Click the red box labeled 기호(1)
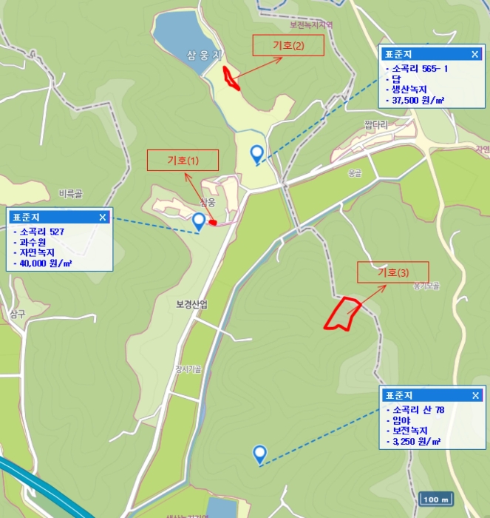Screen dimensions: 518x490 (183, 160)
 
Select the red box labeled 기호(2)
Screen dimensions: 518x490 (288, 46)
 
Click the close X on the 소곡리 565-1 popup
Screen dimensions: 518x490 (475, 54)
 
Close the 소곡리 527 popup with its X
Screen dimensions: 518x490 (103, 217)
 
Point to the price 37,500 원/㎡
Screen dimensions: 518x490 (418, 100)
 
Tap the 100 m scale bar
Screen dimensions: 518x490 (436, 499)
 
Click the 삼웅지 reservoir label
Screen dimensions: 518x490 (205, 55)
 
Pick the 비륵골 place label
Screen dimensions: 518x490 (70, 193)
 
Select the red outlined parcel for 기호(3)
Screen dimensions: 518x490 (343, 313)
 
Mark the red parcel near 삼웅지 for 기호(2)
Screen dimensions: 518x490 (231, 77)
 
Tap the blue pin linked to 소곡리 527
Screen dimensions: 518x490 (199, 221)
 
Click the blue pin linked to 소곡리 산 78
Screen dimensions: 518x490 (259, 453)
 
